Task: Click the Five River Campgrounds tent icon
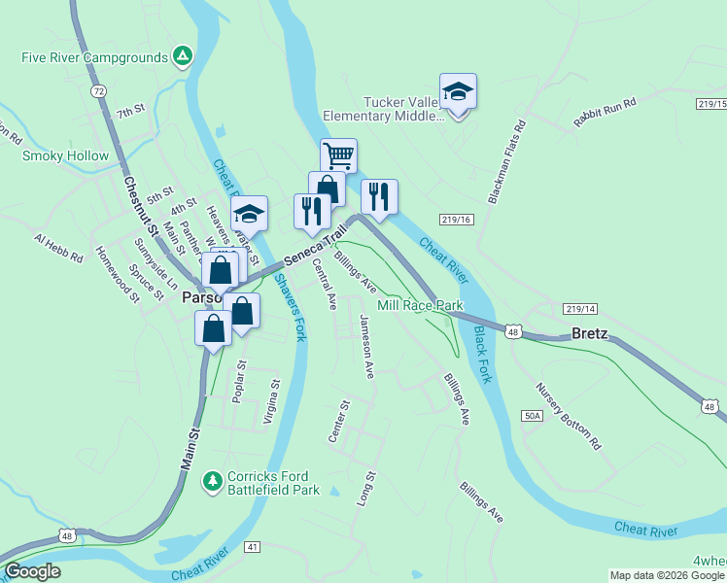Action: click(x=182, y=56)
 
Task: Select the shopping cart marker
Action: click(x=338, y=154)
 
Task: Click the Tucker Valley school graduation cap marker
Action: click(x=458, y=92)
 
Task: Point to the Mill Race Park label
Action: click(x=420, y=305)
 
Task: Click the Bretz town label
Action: click(x=589, y=333)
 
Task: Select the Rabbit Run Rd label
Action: click(x=605, y=106)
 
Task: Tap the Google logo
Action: click(x=32, y=571)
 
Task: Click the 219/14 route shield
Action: click(x=578, y=309)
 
